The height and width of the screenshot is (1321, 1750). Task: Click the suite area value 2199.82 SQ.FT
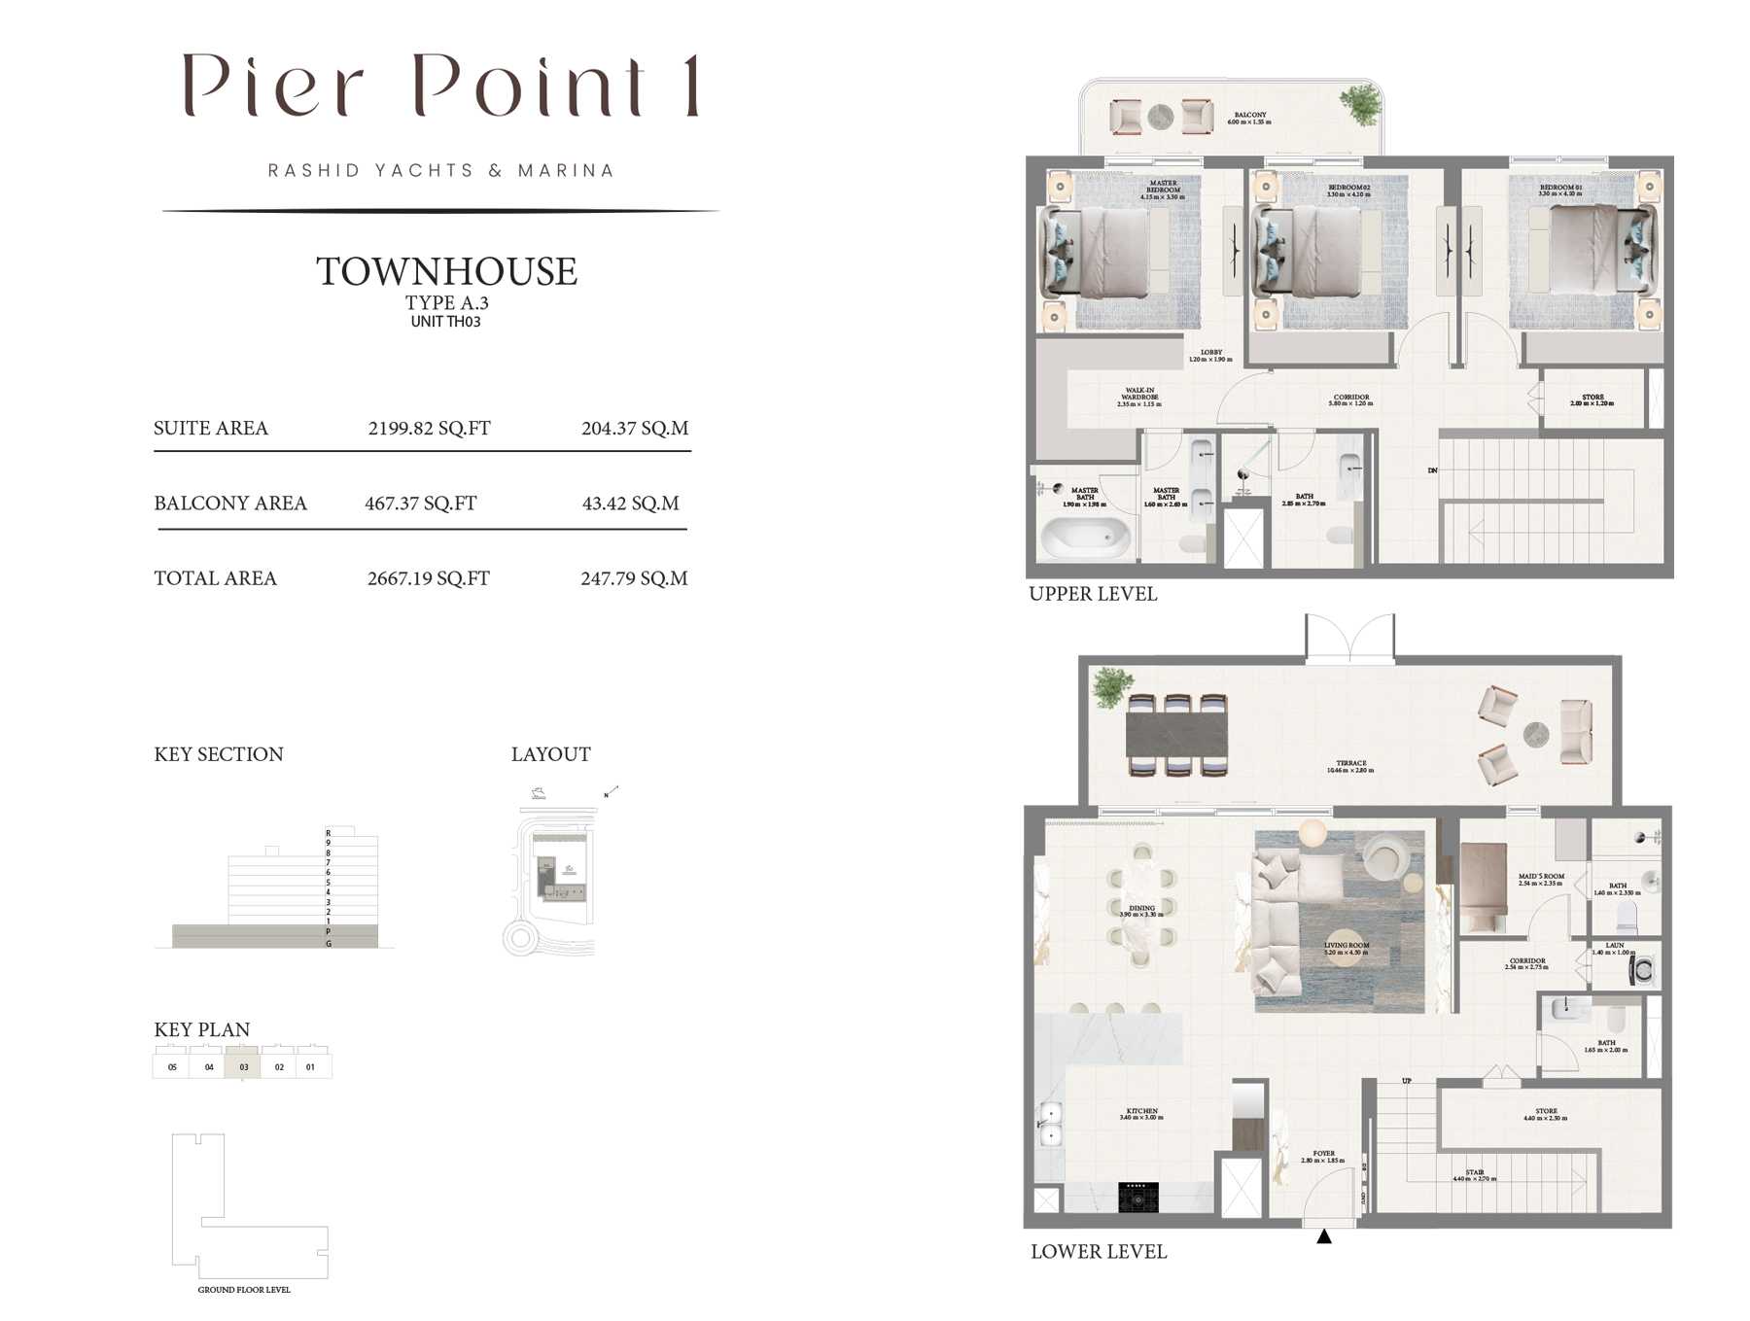click(x=429, y=429)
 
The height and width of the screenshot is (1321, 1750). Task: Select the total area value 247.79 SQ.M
click(x=634, y=578)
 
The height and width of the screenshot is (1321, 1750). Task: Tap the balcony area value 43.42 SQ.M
click(x=630, y=504)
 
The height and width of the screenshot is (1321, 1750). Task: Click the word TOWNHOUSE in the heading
click(x=446, y=271)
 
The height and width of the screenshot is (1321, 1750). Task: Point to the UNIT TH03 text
click(x=445, y=322)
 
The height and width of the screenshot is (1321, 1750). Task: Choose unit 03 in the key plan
click(x=243, y=1066)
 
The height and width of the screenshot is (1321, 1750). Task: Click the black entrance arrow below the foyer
click(x=1323, y=1236)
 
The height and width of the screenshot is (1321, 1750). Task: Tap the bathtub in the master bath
click(x=1085, y=536)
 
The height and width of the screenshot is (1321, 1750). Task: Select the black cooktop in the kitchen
click(x=1137, y=1197)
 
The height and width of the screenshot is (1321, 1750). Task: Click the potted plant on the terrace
click(x=1111, y=686)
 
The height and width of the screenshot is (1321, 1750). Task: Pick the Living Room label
click(x=1346, y=948)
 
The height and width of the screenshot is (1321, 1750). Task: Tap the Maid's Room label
click(x=1541, y=879)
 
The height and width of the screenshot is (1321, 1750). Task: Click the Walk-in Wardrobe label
click(x=1138, y=397)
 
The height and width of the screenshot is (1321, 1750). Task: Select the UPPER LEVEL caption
click(x=1093, y=594)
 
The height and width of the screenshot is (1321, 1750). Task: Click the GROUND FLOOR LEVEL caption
click(x=244, y=1290)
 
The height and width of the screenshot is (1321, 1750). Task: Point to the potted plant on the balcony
click(x=1360, y=104)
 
